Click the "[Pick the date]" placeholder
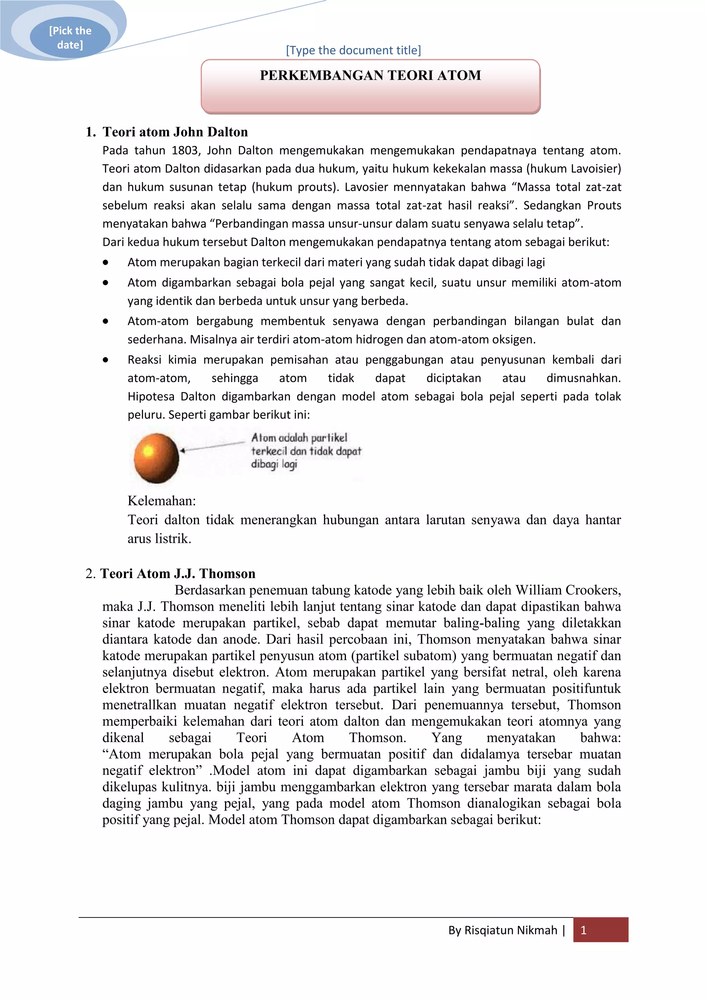pyautogui.click(x=70, y=37)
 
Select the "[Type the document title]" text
pyautogui.click(x=353, y=50)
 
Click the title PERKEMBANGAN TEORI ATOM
pyautogui.click(x=370, y=75)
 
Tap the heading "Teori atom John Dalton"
pyautogui.click(x=175, y=132)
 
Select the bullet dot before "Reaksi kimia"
pyautogui.click(x=105, y=360)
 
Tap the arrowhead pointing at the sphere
pyautogui.click(x=183, y=450)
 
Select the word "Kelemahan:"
pyautogui.click(x=162, y=501)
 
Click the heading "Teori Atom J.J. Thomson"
pyautogui.click(x=178, y=574)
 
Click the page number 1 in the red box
pyautogui.click(x=583, y=930)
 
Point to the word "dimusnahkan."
pyautogui.click(x=583, y=378)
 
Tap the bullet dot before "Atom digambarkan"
pyautogui.click(x=105, y=283)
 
